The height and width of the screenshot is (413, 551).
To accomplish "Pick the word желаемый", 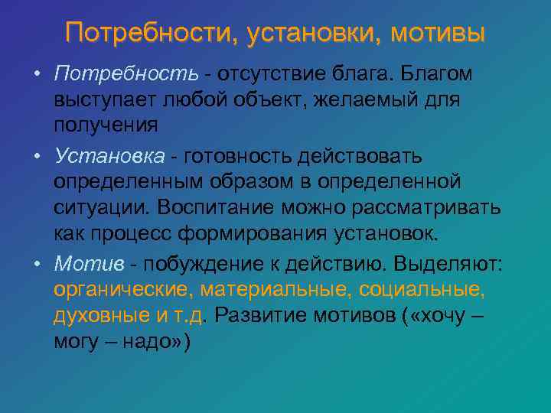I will (x=367, y=99).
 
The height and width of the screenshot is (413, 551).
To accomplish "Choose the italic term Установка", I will (x=109, y=157).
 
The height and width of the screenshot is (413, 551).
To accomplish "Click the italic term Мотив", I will (x=86, y=264).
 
